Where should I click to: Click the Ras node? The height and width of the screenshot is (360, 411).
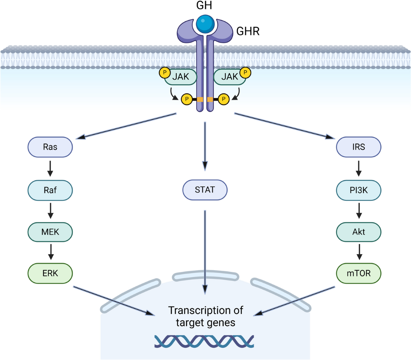click(x=50, y=147)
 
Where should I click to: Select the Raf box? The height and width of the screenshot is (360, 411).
click(x=50, y=190)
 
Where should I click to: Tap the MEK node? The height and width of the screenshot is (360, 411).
click(x=50, y=232)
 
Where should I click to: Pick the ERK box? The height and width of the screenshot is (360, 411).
click(x=50, y=273)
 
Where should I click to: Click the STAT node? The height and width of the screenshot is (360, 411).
click(x=205, y=190)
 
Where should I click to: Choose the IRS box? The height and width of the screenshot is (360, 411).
click(x=359, y=147)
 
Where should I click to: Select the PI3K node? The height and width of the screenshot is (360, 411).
click(x=359, y=190)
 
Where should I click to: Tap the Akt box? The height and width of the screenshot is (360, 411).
click(x=359, y=232)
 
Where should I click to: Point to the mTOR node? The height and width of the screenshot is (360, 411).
click(x=359, y=273)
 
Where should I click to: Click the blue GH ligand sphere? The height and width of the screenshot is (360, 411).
click(x=205, y=24)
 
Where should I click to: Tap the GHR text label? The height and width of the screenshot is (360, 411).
click(x=248, y=31)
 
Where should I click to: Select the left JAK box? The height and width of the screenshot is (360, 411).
click(x=180, y=77)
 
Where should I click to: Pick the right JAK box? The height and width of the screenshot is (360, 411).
click(x=229, y=77)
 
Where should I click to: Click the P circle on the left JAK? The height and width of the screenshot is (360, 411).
click(x=165, y=73)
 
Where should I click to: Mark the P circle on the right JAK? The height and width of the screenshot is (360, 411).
click(x=245, y=73)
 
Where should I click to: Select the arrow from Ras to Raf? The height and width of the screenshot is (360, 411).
click(x=50, y=169)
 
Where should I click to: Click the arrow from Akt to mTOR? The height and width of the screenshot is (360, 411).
click(x=359, y=252)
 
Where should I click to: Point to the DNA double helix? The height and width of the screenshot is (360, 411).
click(x=204, y=341)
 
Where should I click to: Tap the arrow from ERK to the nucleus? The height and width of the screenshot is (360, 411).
click(x=114, y=301)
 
